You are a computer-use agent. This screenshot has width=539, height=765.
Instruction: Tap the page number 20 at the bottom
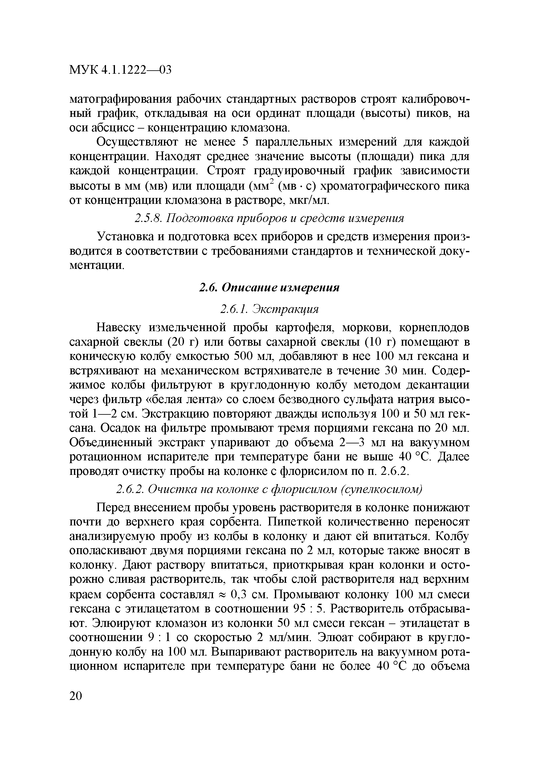[x=76, y=696]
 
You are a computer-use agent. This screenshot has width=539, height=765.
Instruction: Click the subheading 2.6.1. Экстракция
[x=269, y=309]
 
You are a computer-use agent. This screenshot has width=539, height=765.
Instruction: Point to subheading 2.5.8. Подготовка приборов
[x=269, y=218]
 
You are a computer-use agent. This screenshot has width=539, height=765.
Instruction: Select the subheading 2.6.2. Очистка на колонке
[x=269, y=489]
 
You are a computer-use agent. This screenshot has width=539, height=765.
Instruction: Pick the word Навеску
[x=119, y=327]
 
